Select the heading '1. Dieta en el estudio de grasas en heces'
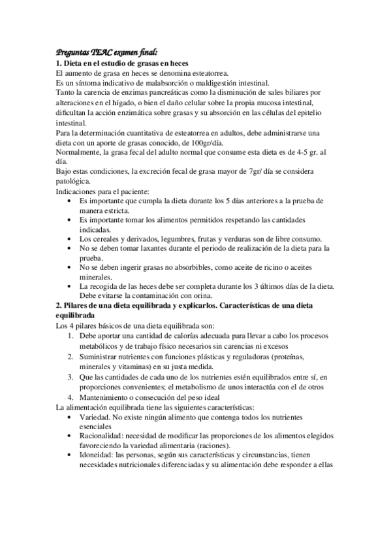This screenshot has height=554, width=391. point(122,63)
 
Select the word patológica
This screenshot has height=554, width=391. point(76,182)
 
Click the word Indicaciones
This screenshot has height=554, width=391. point(77,192)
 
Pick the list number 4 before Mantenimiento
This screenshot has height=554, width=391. point(70,396)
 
